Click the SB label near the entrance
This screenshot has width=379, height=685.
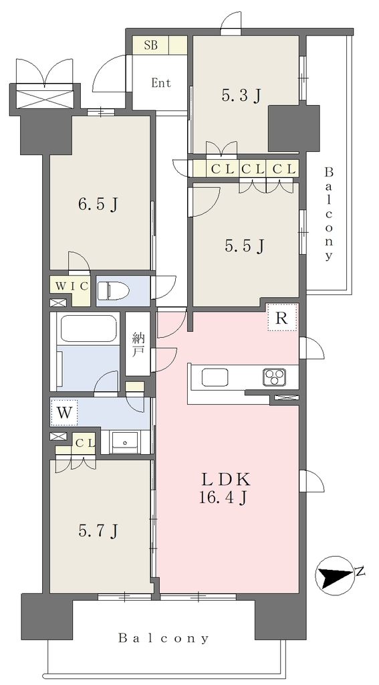(150, 45)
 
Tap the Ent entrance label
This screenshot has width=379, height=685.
(161, 82)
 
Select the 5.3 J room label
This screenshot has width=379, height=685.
(241, 95)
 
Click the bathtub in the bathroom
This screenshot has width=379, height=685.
(88, 328)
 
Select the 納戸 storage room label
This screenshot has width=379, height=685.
(138, 345)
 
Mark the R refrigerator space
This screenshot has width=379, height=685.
(282, 318)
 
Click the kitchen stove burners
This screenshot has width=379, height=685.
(274, 377)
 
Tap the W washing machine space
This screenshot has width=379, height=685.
(64, 413)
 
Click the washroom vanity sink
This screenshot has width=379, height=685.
(125, 442)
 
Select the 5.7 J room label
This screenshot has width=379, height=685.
(98, 530)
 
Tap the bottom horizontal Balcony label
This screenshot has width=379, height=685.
(164, 639)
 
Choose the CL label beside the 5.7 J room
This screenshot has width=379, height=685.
(85, 444)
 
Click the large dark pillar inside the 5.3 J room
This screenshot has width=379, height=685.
(293, 128)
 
